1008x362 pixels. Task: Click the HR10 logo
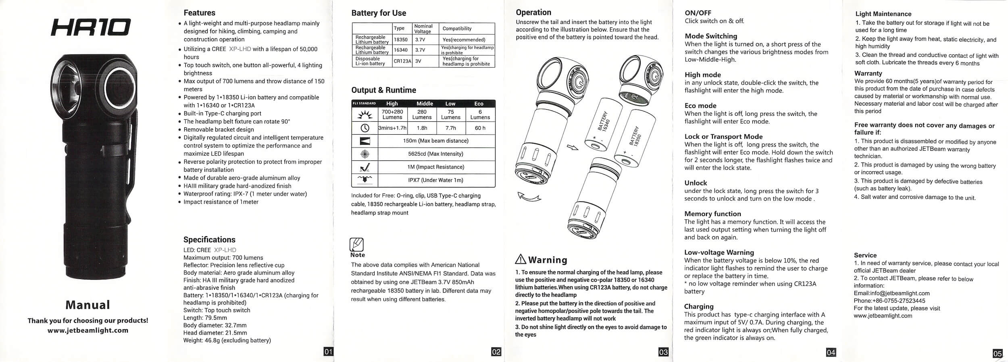[90, 28]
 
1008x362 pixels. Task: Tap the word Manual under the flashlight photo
[88, 305]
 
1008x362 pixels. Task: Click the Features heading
[199, 13]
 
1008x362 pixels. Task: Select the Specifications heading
[209, 239]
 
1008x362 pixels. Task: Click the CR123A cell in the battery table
[402, 61]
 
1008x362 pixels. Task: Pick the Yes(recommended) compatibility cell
[464, 40]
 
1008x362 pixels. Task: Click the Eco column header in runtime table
[479, 104]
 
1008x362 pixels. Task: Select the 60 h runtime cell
[480, 128]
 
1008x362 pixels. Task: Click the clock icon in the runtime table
[364, 128]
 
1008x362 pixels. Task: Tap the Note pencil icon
[356, 244]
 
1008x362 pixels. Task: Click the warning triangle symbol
[521, 259]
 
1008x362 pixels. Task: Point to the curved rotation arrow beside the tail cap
[529, 197]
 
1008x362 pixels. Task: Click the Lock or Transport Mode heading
[723, 137]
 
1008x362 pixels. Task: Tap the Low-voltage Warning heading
[719, 252]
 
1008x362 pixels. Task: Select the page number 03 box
[663, 352]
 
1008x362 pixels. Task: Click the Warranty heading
[868, 73]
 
